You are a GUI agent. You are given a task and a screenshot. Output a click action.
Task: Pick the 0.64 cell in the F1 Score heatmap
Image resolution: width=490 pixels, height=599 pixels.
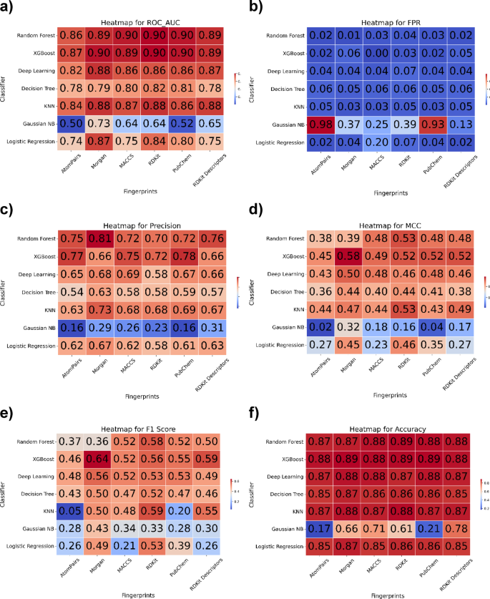tap(101, 454)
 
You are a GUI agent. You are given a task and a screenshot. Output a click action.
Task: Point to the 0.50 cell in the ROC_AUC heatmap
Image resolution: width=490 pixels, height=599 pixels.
tap(71, 125)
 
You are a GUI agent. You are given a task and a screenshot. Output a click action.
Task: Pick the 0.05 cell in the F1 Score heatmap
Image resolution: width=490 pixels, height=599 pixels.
tap(71, 509)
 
